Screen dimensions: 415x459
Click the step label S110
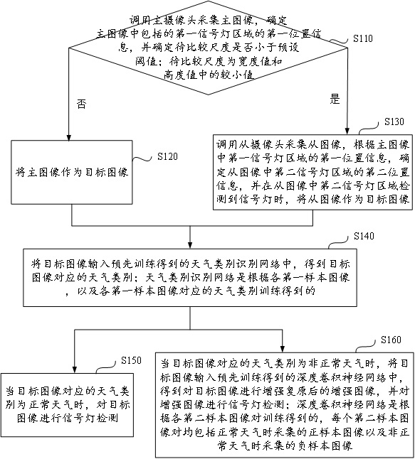[x=362, y=38]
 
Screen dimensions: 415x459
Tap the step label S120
[x=167, y=156]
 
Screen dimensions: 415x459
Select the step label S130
[x=394, y=121]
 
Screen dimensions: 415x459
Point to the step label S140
[x=364, y=236]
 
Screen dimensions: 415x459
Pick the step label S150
[x=131, y=360]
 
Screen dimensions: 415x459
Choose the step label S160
[x=391, y=340]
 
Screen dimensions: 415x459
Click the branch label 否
[x=81, y=104]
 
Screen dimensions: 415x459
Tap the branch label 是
[x=335, y=99]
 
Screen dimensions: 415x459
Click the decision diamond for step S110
[x=209, y=48]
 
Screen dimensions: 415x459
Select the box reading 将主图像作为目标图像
[x=72, y=172]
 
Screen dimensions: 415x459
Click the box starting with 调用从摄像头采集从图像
[x=312, y=172]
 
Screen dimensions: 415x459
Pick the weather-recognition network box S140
[x=190, y=278]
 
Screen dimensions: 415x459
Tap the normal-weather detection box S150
[x=67, y=405]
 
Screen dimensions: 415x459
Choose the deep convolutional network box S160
[x=284, y=405]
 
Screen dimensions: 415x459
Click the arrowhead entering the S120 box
[x=68, y=137]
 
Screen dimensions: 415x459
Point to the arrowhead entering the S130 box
[x=347, y=131]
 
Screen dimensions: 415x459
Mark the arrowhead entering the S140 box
[x=190, y=245]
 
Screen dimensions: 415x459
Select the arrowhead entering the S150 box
[x=75, y=369]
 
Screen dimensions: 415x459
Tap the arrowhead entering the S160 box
[x=283, y=349]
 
